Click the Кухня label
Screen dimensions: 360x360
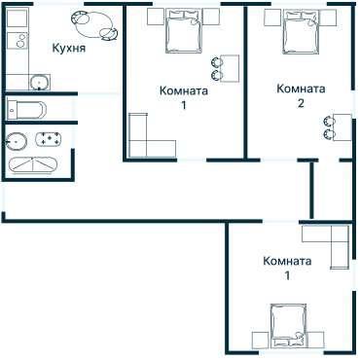pyautogui.click(x=69, y=49)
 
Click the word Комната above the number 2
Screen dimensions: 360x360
pyautogui.click(x=301, y=89)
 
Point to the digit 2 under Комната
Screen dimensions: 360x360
pyautogui.click(x=301, y=103)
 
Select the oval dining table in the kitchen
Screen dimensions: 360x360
pyautogui.click(x=94, y=25)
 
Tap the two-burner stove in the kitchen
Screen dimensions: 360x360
pyautogui.click(x=18, y=41)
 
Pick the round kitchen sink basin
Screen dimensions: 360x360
pyautogui.click(x=40, y=83)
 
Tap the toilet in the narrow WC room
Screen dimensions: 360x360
pyautogui.click(x=26, y=110)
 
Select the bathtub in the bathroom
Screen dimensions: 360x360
pyautogui.click(x=32, y=165)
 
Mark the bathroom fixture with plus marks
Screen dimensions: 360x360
pyautogui.click(x=49, y=139)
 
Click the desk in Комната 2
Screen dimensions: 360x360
pyautogui.click(x=342, y=127)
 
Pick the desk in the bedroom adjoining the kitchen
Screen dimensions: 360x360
pyautogui.click(x=230, y=68)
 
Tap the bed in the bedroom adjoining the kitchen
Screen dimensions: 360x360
pyautogui.click(x=184, y=31)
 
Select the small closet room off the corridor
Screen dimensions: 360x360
pyautogui.click(x=332, y=191)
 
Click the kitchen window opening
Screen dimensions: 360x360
pyautogui.click(x=58, y=4)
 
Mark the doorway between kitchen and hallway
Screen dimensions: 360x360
pyautogui.click(x=99, y=93)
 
